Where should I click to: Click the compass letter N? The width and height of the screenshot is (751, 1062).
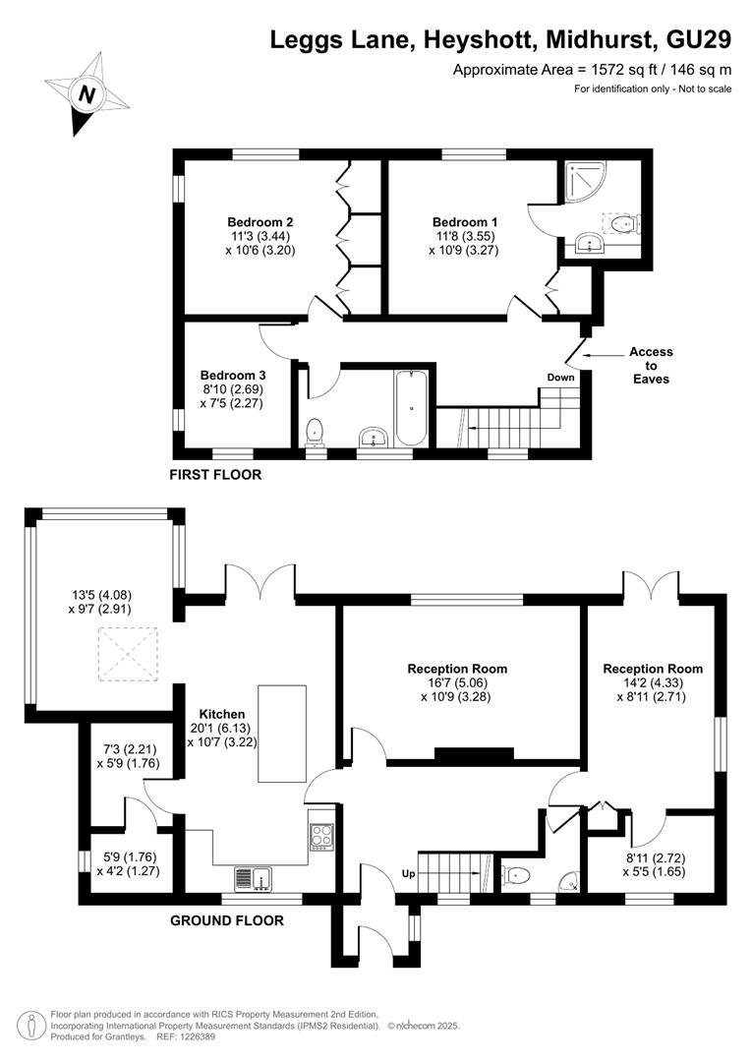click(x=86, y=94)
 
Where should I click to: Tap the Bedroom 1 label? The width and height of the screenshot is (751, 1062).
click(x=465, y=222)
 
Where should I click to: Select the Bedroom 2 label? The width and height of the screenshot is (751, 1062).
click(x=260, y=222)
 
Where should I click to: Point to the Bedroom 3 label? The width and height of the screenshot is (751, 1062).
click(x=233, y=376)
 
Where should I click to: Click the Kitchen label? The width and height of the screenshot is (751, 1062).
click(x=222, y=714)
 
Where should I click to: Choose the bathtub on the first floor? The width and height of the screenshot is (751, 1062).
click(x=412, y=408)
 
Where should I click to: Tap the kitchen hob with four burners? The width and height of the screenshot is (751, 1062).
click(x=321, y=837)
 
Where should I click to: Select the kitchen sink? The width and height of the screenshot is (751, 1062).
click(x=253, y=878)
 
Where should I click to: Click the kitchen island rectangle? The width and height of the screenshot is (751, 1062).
click(x=282, y=734)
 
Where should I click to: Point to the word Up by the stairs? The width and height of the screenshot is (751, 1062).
click(x=408, y=874)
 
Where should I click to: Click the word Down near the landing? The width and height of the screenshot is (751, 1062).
click(x=560, y=378)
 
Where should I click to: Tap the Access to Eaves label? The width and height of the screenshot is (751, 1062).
click(x=651, y=365)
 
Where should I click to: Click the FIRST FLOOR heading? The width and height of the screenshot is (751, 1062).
click(x=215, y=475)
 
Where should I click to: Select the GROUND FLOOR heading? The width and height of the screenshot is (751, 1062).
click(x=227, y=920)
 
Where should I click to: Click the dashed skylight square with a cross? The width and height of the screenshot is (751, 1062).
click(x=129, y=654)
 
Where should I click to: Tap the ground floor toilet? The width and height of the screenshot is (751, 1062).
click(x=516, y=876)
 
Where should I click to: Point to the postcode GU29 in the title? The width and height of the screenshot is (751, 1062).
click(x=699, y=40)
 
